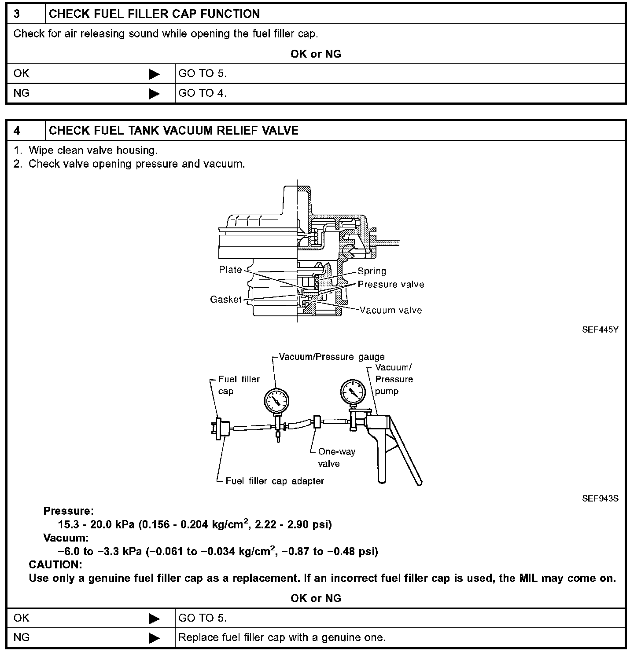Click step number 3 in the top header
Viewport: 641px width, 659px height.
pyautogui.click(x=17, y=14)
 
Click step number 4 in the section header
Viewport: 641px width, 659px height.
pyautogui.click(x=17, y=131)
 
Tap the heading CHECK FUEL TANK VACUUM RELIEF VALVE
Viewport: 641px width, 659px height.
pyautogui.click(x=173, y=131)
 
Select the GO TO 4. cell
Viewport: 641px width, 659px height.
pyautogui.click(x=203, y=93)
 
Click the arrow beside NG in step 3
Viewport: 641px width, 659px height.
pyautogui.click(x=154, y=94)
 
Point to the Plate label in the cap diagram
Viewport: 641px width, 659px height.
pyautogui.click(x=231, y=270)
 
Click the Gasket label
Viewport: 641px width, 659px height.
pyautogui.click(x=226, y=300)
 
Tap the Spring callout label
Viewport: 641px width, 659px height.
pyautogui.click(x=372, y=271)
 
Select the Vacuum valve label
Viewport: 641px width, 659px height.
pyautogui.click(x=390, y=310)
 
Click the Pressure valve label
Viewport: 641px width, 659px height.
pyautogui.click(x=390, y=285)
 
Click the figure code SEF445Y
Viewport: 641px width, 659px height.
pyautogui.click(x=600, y=330)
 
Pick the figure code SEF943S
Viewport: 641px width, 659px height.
pyautogui.click(x=600, y=498)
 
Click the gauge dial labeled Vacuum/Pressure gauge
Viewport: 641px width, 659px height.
pyautogui.click(x=276, y=400)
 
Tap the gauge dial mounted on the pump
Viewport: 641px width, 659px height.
pyautogui.click(x=353, y=391)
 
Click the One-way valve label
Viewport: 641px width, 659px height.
pyautogui.click(x=336, y=458)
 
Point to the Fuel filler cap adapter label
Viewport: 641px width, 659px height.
pyautogui.click(x=274, y=481)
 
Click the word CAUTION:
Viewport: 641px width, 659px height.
pyautogui.click(x=55, y=564)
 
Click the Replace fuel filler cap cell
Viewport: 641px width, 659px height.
pyautogui.click(x=282, y=637)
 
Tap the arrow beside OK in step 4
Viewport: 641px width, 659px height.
pyautogui.click(x=154, y=619)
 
